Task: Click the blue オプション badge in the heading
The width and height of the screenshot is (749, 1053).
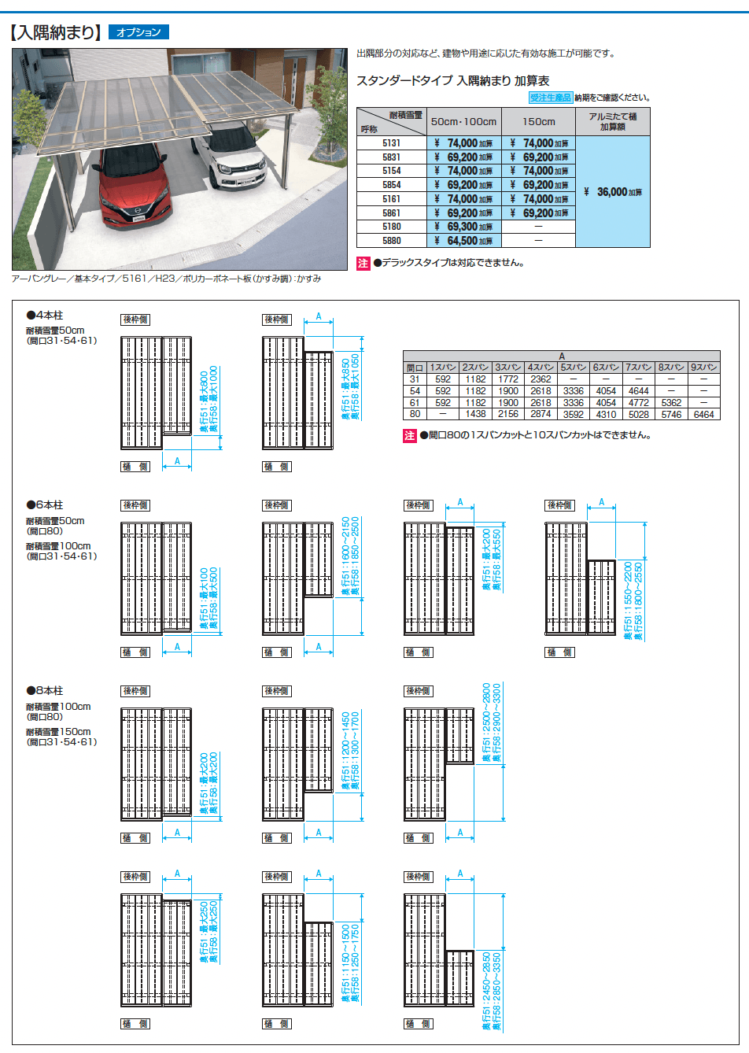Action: point(138,32)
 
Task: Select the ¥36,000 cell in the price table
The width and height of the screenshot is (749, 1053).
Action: point(613,192)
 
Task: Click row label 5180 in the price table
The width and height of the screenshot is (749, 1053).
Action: point(391,227)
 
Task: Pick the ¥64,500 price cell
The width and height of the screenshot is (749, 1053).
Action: point(463,241)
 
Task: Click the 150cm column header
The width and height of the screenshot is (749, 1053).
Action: point(538,122)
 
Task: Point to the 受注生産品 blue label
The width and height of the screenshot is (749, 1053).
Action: point(550,98)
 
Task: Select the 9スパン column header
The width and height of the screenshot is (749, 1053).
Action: point(703,368)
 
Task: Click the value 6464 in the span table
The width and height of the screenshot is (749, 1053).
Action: point(703,414)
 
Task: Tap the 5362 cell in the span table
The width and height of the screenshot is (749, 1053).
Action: point(671,402)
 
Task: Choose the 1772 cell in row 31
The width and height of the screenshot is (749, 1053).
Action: point(507,379)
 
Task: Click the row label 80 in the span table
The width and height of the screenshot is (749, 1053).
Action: point(415,414)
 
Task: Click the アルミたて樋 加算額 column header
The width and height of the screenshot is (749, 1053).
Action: point(612,121)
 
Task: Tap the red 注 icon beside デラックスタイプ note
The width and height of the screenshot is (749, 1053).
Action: point(363,264)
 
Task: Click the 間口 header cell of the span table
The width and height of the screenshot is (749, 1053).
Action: point(415,368)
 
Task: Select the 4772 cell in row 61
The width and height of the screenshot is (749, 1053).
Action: point(638,402)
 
